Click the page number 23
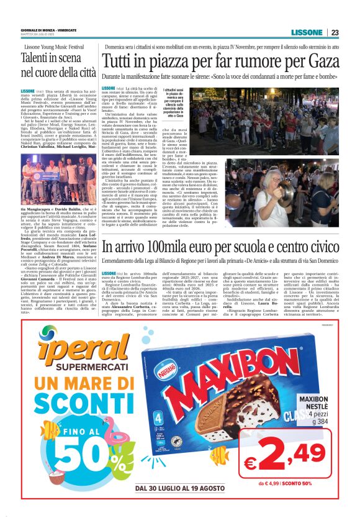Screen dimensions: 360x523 point(335,33)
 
